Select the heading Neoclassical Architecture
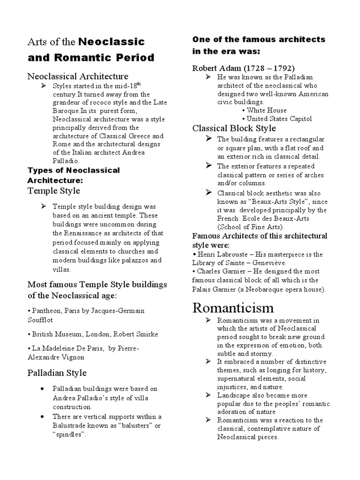click(78, 76)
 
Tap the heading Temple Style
click(54, 190)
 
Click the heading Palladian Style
click(57, 373)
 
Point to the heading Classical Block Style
click(234, 128)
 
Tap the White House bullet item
click(267, 110)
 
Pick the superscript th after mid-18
click(138, 83)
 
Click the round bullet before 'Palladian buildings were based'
click(43, 389)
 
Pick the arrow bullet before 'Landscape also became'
click(208, 396)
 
